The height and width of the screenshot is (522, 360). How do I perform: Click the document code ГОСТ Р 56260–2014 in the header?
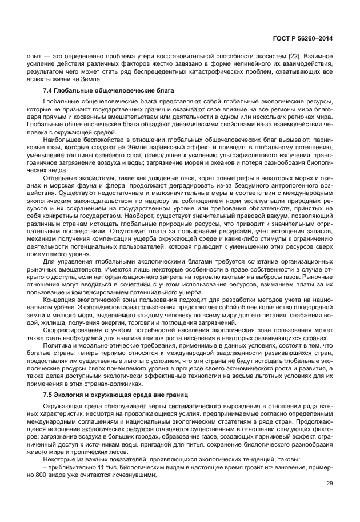(303, 39)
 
